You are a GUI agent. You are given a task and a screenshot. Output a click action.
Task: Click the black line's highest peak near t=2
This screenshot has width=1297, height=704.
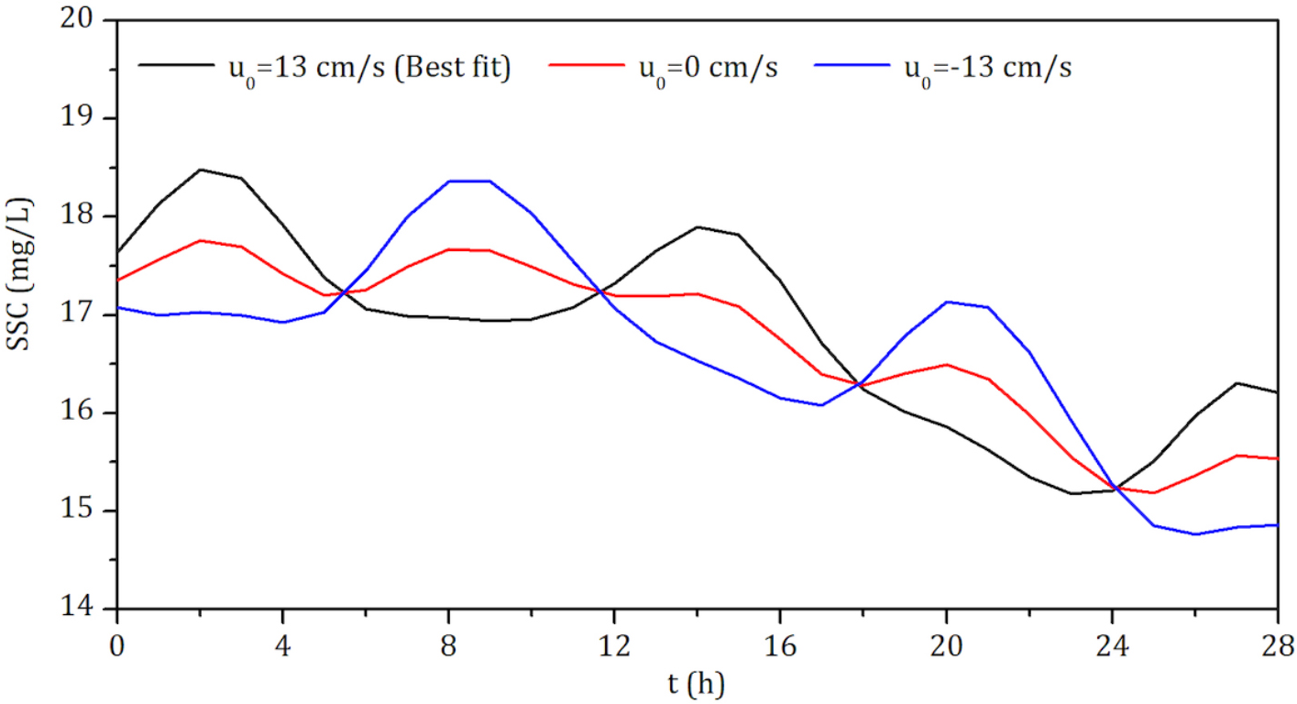pos(200,170)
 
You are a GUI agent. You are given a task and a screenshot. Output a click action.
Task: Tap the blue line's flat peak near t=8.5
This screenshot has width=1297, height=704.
pos(469,181)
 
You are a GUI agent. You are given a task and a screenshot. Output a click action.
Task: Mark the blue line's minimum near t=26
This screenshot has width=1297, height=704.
pos(1194,533)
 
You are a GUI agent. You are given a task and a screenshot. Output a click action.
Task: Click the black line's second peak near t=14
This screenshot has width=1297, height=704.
pos(698,226)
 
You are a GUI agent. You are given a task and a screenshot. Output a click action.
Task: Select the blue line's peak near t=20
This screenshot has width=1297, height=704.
pos(946,302)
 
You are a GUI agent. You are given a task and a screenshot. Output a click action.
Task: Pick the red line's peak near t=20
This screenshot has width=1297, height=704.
pos(946,365)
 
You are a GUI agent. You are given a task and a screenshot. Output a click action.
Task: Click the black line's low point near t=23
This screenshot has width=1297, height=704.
pos(1071,493)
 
